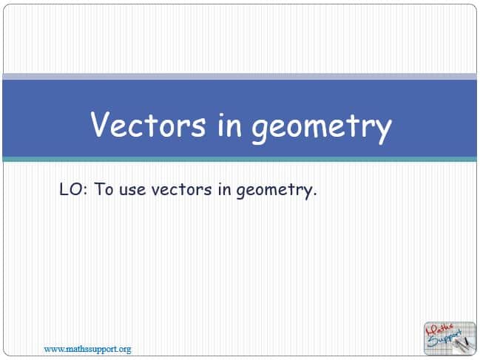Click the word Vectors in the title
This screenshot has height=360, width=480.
148,124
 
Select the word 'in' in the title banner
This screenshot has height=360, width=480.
229,125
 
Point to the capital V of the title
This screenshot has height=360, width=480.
100,124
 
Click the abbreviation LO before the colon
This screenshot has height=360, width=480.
71,189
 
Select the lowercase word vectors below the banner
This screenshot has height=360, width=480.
181,190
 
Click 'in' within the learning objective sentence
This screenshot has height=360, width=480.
224,189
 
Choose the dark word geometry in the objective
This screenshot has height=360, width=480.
274,191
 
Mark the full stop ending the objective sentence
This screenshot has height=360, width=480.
314,194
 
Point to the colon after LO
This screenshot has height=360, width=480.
85,190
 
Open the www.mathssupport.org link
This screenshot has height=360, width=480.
87,349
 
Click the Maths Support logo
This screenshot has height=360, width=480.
450,339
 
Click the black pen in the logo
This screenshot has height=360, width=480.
467,342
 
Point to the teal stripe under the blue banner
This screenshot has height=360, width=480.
240,159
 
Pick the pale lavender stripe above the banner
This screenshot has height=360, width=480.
240,76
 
